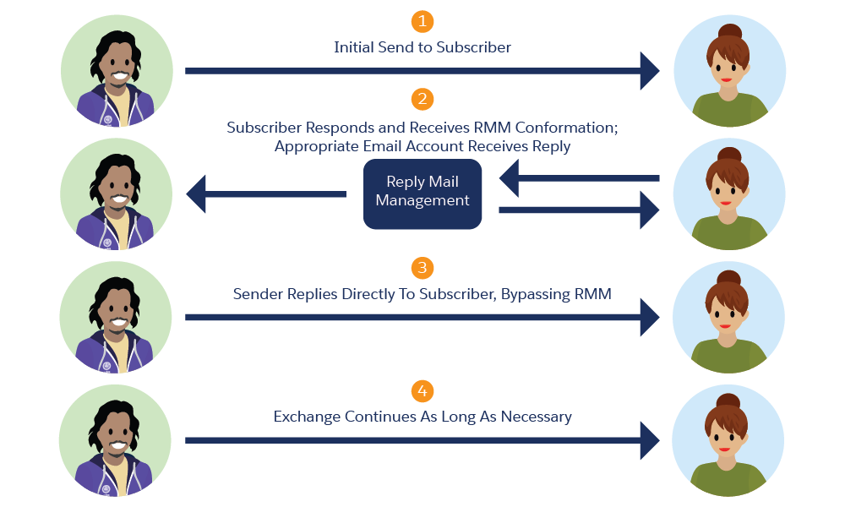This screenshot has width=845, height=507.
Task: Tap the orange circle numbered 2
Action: (422, 100)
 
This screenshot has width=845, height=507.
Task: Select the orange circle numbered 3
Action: (422, 269)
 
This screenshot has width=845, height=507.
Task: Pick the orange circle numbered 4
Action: (422, 391)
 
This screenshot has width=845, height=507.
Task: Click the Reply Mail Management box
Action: (422, 194)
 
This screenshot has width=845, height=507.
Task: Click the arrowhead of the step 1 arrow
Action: (649, 71)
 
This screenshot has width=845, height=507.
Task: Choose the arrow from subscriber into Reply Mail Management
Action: (580, 178)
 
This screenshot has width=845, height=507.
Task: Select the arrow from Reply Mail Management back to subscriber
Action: (580, 210)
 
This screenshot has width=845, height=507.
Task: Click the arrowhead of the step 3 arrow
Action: (649, 318)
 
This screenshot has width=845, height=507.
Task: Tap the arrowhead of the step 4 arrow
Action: (649, 440)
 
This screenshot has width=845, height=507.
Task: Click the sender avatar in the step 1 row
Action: (117, 71)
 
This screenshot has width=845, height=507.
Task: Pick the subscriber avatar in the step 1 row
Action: (729, 71)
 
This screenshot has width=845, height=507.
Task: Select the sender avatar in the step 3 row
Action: (117, 318)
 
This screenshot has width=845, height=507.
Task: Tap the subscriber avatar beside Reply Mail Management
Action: (729, 194)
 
